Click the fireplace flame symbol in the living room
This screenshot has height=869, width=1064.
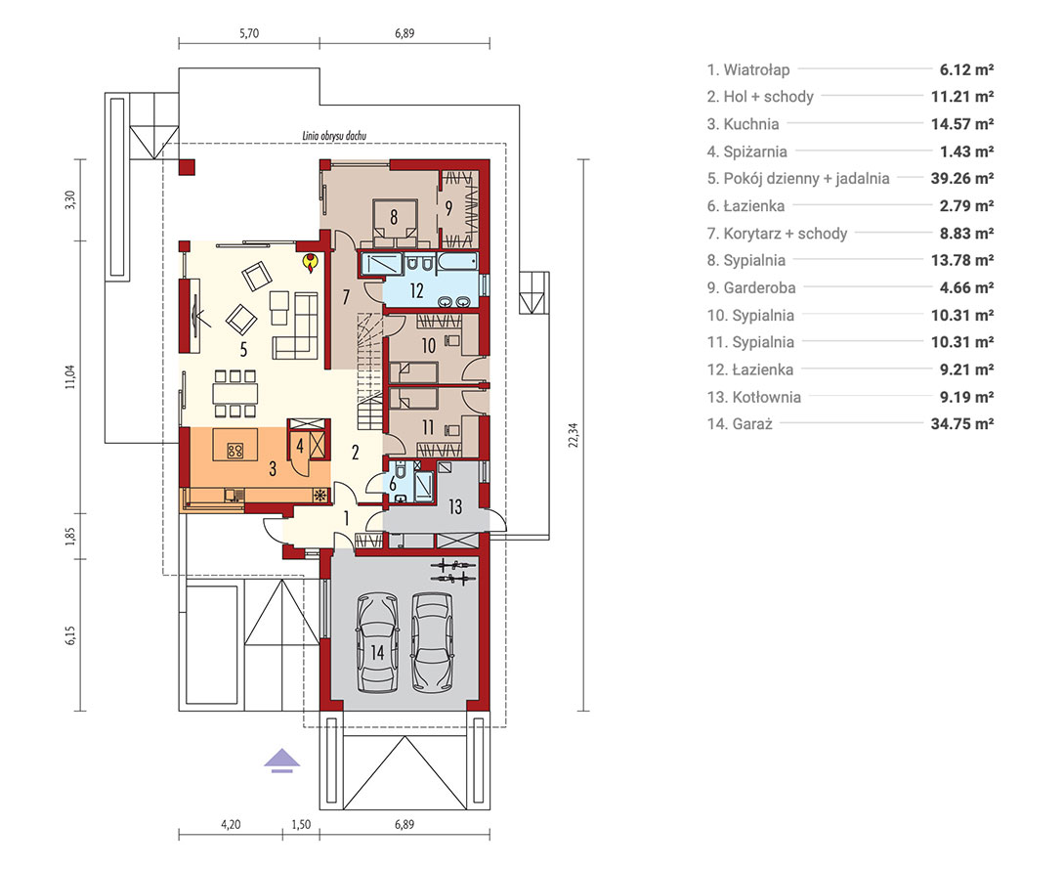point(310,262)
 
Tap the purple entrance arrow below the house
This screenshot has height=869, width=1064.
point(281,761)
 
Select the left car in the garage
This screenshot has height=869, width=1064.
point(376,643)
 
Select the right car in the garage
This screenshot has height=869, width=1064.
point(432,643)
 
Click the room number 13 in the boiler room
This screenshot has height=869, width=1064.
point(454,506)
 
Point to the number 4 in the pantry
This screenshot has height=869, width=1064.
point(299,447)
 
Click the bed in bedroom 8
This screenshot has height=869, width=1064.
point(395,224)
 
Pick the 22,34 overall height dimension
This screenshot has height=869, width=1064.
point(575,434)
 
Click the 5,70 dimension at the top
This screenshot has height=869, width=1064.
point(249,33)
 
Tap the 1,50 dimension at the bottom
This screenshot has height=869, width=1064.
point(301,825)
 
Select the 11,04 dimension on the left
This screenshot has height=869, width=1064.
point(70,376)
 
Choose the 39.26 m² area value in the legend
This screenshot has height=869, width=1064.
point(962,179)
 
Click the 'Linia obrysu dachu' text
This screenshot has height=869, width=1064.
point(334,136)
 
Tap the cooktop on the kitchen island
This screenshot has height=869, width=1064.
point(234,450)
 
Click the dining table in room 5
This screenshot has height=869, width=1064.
point(234,393)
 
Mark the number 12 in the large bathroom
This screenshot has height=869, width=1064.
point(416,291)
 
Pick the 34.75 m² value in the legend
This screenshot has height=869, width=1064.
point(962,424)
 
